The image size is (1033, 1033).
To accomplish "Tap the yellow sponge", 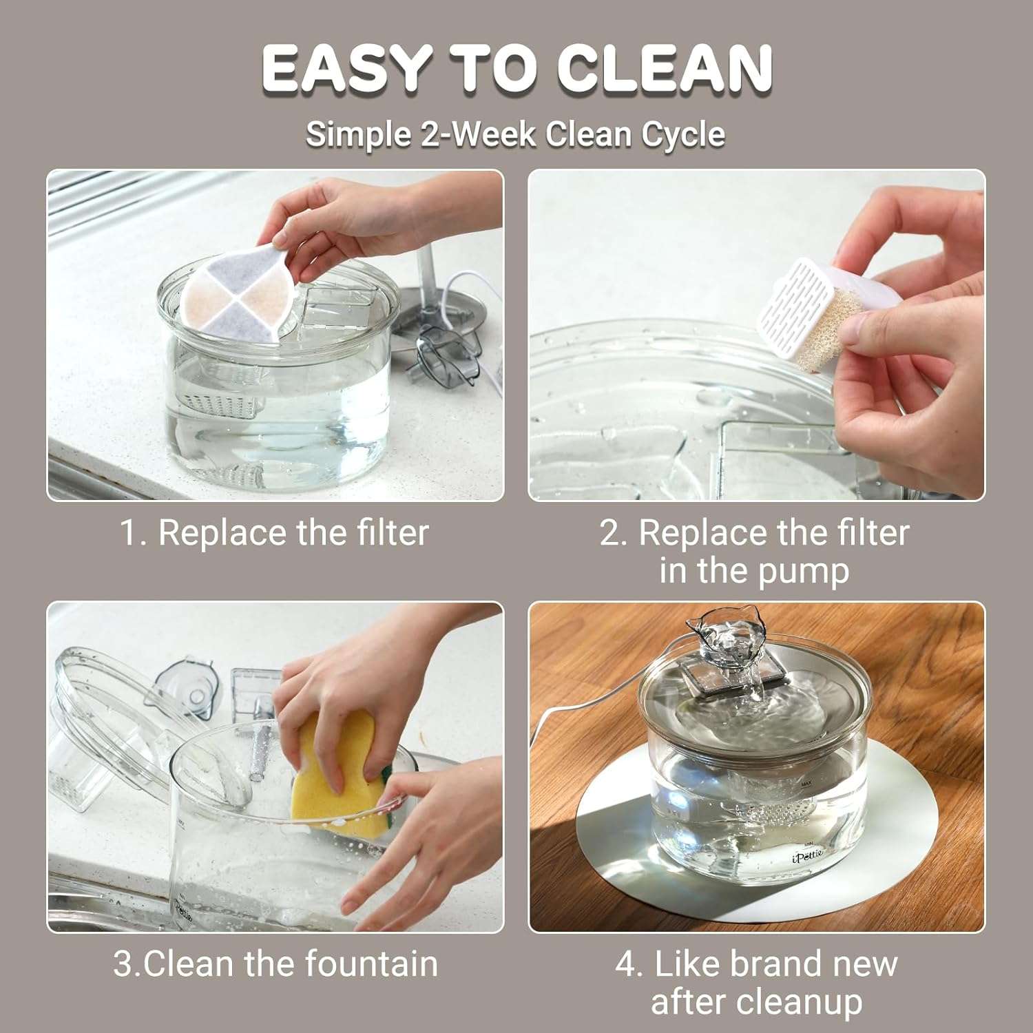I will pos(334,775).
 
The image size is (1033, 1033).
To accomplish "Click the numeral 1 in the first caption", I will pos(129,533).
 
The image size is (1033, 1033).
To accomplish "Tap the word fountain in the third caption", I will pos(371,963).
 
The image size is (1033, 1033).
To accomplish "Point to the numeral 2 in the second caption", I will pos(610,533).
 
